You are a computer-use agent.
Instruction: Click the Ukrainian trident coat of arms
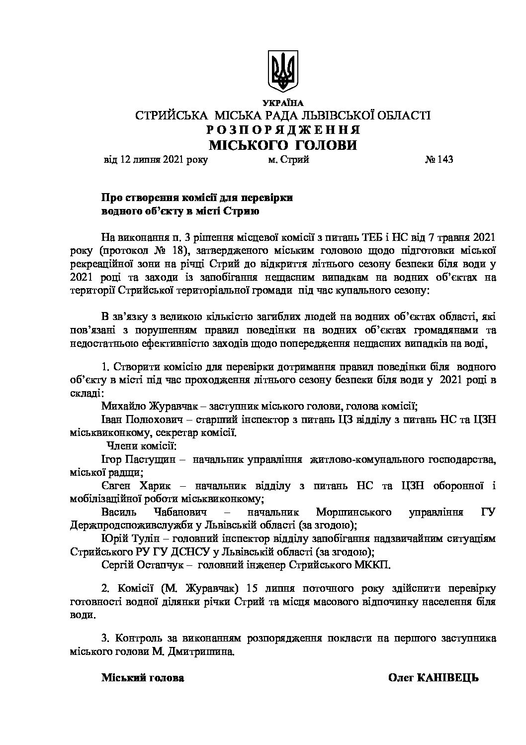point(283,70)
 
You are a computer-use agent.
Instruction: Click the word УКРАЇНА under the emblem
point(283,103)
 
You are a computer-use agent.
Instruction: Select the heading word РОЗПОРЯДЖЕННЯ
point(283,130)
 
